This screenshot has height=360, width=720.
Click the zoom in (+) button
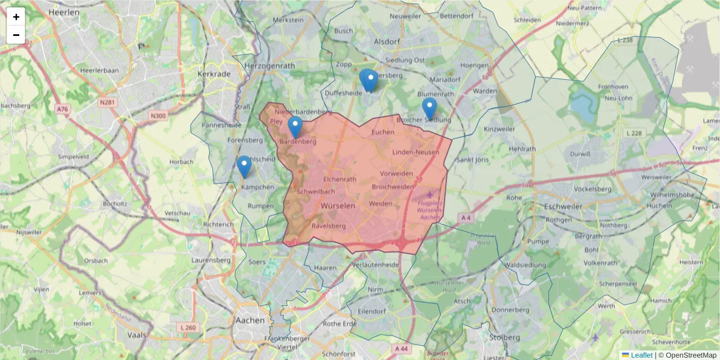pyautogui.click(x=16, y=17)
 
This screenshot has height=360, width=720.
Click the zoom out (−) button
pyautogui.click(x=16, y=35)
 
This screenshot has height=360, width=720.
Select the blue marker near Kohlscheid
pyautogui.click(x=244, y=166)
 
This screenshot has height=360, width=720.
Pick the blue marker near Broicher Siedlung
pyautogui.click(x=429, y=108)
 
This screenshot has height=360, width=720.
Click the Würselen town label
pyautogui.click(x=338, y=205)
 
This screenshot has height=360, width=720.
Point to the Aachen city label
pyautogui.click(x=250, y=320)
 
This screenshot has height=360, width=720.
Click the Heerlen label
pyautogui.click(x=65, y=11)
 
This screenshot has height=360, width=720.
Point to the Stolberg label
pyautogui.click(x=505, y=337)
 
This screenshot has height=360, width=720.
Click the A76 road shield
pyautogui.click(x=62, y=110)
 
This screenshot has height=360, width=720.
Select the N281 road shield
pyautogui.click(x=107, y=103)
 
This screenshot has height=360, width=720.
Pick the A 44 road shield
pyautogui.click(x=402, y=348)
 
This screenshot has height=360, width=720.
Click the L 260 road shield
pyautogui.click(x=188, y=328)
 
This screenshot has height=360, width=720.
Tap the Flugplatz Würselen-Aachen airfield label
pyautogui.click(x=430, y=211)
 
